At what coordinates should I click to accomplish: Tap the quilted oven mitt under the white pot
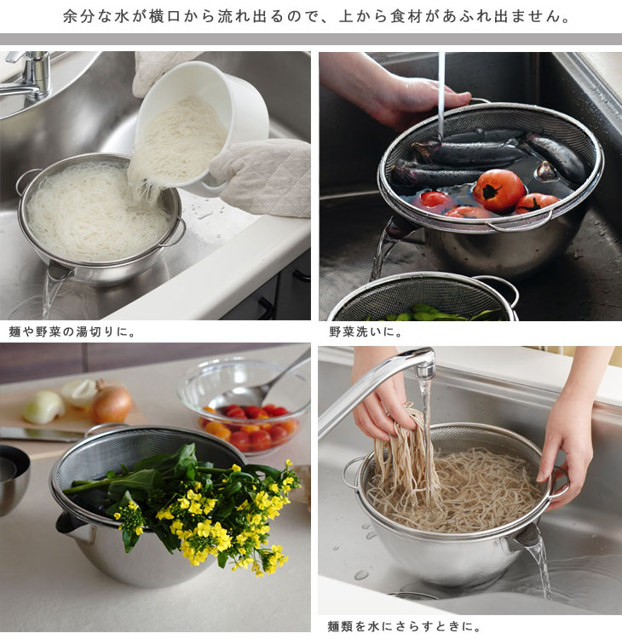265,177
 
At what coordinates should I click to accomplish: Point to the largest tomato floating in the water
499,190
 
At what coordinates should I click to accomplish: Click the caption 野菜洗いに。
366,331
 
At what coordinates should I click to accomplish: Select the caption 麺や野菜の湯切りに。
72,331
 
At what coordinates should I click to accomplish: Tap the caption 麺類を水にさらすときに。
405,625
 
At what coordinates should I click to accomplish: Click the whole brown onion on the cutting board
111,404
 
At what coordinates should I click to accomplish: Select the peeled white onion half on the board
43,406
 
